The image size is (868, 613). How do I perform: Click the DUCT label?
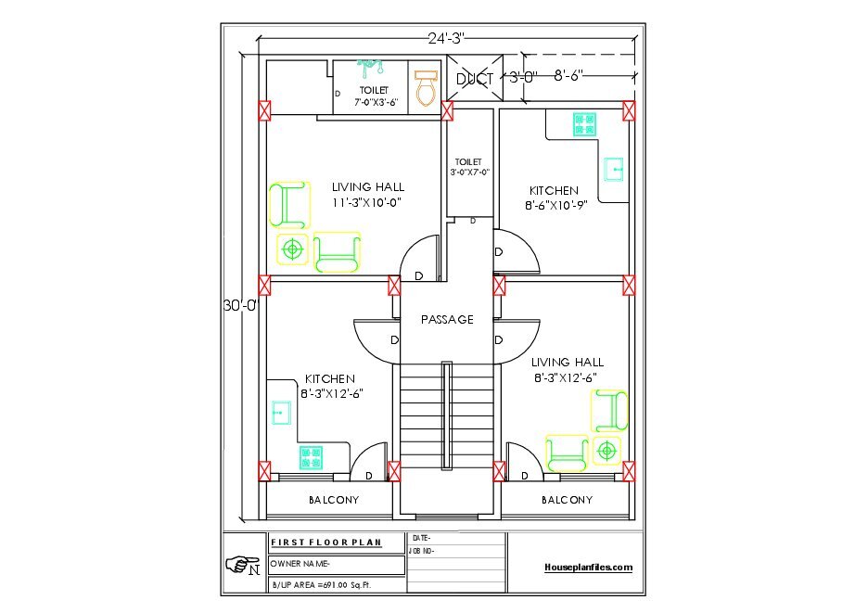(475, 80)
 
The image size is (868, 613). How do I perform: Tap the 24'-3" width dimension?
(446, 38)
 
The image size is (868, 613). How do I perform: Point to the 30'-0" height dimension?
(241, 305)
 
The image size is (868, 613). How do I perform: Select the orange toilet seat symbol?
(426, 88)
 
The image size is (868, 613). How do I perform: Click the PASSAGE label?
(447, 320)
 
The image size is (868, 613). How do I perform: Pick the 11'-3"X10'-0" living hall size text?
(367, 203)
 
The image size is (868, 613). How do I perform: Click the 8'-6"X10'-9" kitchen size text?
(555, 206)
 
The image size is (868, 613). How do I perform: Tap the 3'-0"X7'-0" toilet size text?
(470, 172)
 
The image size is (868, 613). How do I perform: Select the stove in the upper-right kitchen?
(584, 124)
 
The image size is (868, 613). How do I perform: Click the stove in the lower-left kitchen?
(311, 457)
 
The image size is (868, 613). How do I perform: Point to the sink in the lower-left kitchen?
(281, 413)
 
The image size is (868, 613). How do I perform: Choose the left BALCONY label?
(334, 500)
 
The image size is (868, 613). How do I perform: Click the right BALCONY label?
(567, 500)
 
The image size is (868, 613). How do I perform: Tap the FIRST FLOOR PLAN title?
(326, 543)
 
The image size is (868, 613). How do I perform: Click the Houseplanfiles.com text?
(589, 567)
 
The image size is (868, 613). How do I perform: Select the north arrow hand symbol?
(243, 564)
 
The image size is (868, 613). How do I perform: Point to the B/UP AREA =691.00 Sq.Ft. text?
(321, 585)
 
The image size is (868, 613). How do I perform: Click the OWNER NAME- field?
(300, 564)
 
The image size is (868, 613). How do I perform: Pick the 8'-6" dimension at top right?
(568, 75)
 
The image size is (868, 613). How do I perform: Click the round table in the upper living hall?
(292, 249)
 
